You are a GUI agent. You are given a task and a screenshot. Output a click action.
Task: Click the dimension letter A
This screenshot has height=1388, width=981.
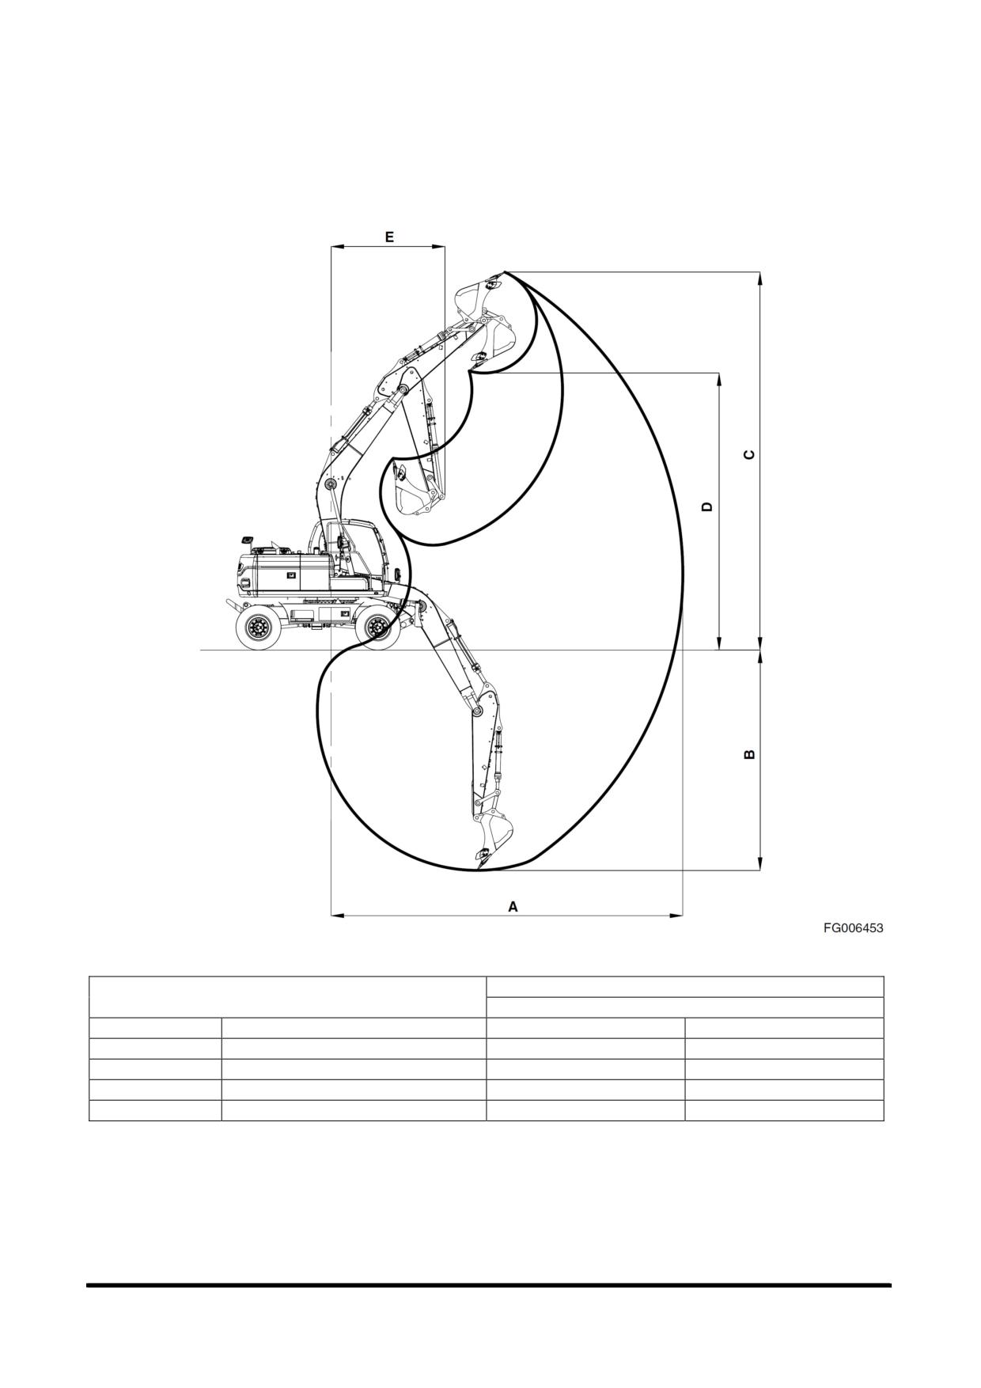coord(513,907)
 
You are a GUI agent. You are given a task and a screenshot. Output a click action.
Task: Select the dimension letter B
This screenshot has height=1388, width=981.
coord(750,754)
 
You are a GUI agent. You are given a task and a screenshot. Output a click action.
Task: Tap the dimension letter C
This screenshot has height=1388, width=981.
coord(750,454)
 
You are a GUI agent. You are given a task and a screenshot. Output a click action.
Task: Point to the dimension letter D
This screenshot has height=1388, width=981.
coord(707,506)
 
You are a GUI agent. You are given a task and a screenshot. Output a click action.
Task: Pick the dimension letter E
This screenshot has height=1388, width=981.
coord(389,237)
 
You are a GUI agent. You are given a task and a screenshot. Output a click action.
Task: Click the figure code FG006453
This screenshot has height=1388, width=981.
coord(853,928)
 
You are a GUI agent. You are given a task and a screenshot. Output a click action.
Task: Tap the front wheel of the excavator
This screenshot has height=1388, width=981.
coord(377,628)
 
